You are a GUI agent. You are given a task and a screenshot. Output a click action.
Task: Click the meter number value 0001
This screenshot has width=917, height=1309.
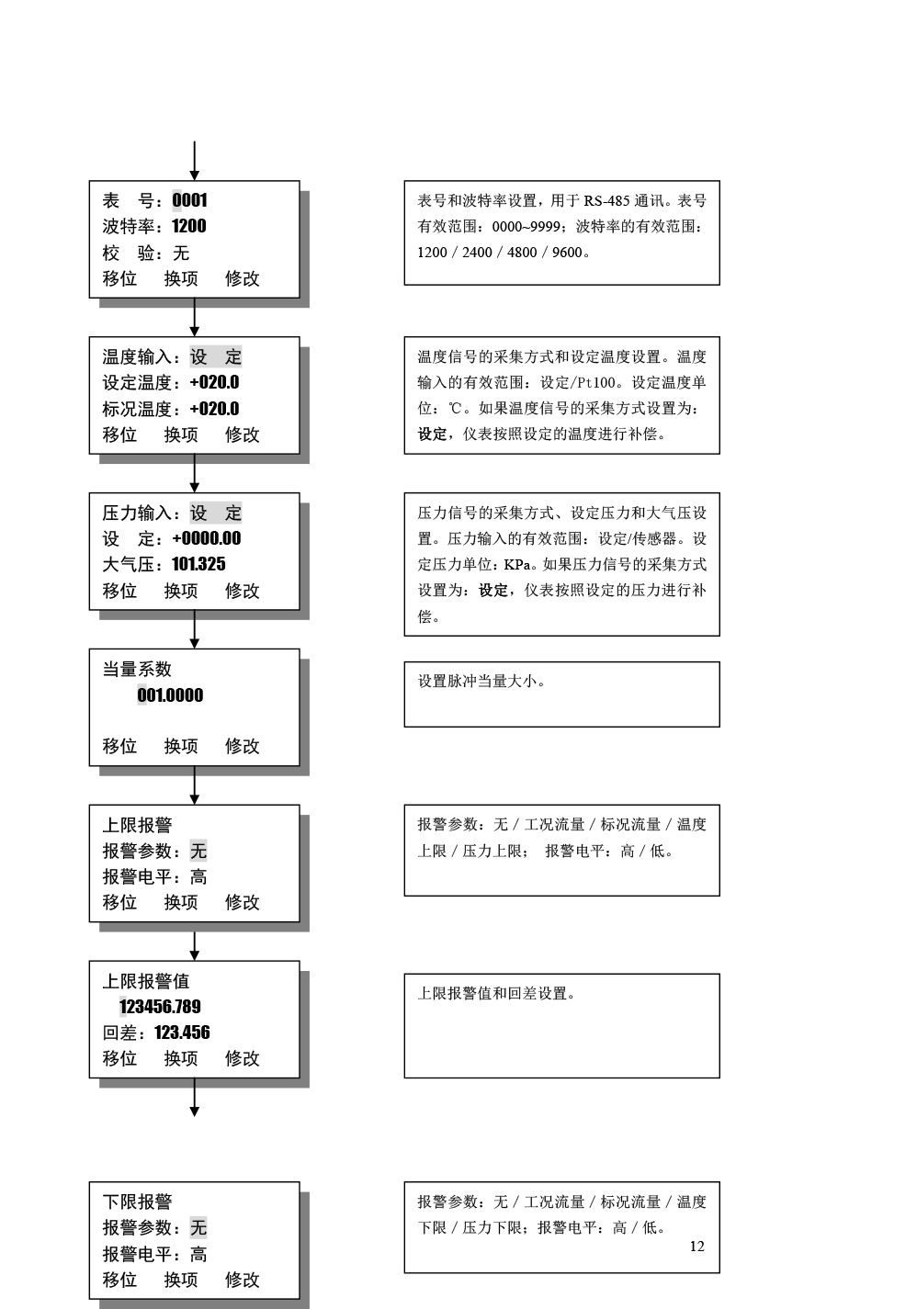pyautogui.click(x=189, y=200)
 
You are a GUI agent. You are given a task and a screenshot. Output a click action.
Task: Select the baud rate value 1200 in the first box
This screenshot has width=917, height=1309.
pyautogui.click(x=188, y=226)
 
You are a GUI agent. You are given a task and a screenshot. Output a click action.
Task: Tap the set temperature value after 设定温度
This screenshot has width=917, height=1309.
pyautogui.click(x=214, y=382)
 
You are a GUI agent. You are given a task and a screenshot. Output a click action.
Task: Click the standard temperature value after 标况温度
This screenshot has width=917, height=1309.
pyautogui.click(x=214, y=409)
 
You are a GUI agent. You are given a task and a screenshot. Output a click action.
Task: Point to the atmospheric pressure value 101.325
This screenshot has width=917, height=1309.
pyautogui.click(x=198, y=564)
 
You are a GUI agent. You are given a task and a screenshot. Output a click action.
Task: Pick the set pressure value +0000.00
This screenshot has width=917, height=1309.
pyautogui.click(x=207, y=538)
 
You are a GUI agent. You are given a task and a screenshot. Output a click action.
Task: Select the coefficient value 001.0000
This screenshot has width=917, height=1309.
pyautogui.click(x=170, y=694)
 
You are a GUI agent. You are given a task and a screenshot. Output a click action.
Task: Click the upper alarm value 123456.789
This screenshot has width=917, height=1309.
pyautogui.click(x=160, y=1006)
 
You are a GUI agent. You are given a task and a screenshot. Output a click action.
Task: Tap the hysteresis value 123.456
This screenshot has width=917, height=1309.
pyautogui.click(x=182, y=1032)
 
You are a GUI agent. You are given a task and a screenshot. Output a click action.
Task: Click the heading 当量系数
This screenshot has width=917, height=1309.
pyautogui.click(x=137, y=669)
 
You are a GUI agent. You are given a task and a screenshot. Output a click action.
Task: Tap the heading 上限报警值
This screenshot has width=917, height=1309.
pyautogui.click(x=145, y=980)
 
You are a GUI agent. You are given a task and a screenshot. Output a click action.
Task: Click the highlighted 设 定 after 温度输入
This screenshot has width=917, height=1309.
pyautogui.click(x=216, y=356)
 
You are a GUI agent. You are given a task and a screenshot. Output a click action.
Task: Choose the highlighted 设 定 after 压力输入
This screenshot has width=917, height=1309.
pyautogui.click(x=216, y=513)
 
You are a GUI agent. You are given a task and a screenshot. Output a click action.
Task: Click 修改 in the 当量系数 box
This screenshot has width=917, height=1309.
pyautogui.click(x=242, y=746)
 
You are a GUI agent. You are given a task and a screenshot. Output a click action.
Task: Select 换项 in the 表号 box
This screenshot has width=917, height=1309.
pyautogui.click(x=181, y=278)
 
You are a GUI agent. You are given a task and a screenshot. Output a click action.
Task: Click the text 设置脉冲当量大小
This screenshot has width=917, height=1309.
pyautogui.click(x=477, y=682)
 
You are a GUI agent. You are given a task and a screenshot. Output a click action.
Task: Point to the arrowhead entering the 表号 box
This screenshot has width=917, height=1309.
pyautogui.click(x=195, y=175)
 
